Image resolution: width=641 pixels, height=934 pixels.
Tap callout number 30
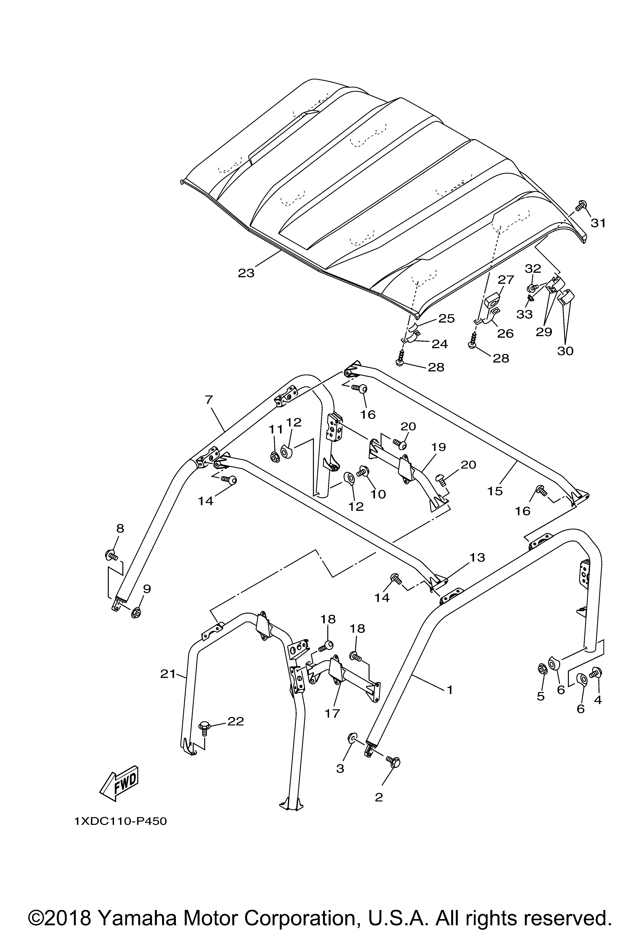pyautogui.click(x=565, y=351)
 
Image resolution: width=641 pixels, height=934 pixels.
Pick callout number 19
pyautogui.click(x=439, y=447)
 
